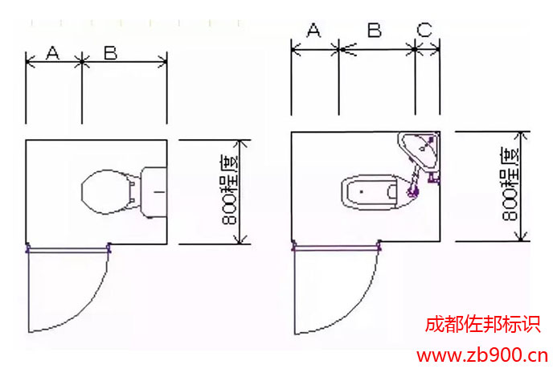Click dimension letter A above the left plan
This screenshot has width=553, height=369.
pyautogui.click(x=53, y=53)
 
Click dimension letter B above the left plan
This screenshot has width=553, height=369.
pyautogui.click(x=110, y=52)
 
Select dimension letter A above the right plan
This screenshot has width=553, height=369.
pyautogui.click(x=313, y=30)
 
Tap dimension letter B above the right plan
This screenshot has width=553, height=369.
pyautogui.click(x=375, y=30)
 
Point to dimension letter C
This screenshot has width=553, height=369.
pyautogui.click(x=424, y=30)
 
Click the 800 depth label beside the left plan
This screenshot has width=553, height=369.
pyautogui.click(x=230, y=190)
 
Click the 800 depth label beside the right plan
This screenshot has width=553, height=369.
pyautogui.click(x=510, y=184)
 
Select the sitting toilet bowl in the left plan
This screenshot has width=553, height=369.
pyautogui.click(x=106, y=192)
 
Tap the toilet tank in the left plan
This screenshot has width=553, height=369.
pyautogui.click(x=154, y=192)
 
